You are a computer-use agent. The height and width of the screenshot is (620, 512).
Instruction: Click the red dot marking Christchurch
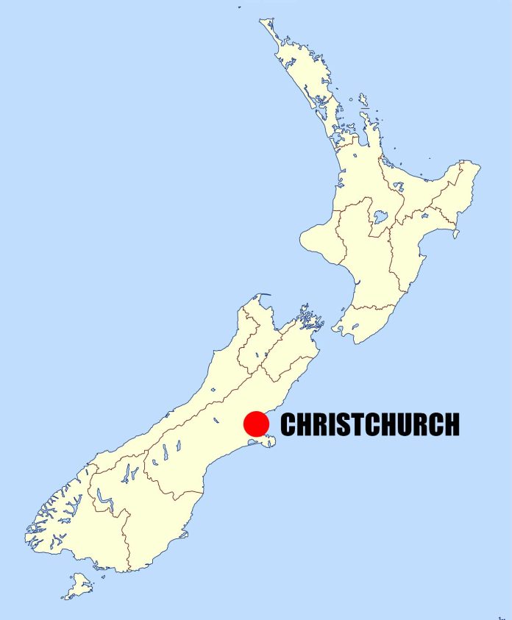click(256, 424)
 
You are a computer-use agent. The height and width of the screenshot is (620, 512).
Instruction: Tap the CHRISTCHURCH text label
click(370, 424)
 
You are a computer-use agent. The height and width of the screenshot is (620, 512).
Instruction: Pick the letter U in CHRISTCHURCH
click(404, 424)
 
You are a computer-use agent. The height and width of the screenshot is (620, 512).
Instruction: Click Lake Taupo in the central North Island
click(380, 217)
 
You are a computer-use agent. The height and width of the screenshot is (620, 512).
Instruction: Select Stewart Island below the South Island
click(78, 586)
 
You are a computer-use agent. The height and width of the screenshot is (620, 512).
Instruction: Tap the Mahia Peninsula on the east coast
click(456, 235)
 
